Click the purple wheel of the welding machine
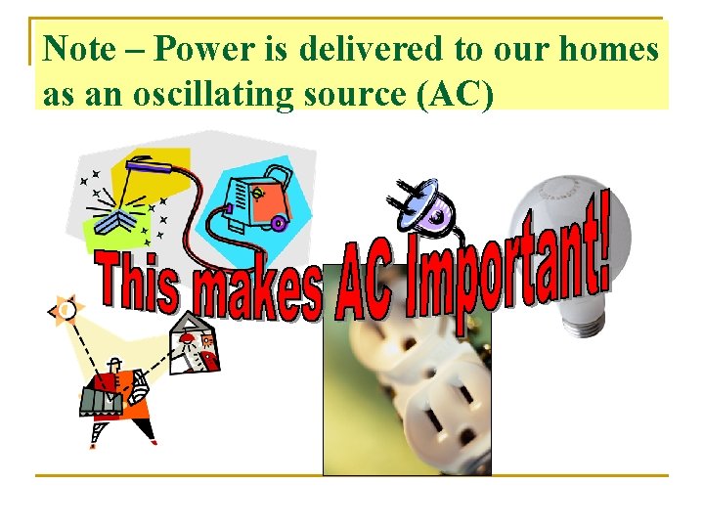278,224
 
